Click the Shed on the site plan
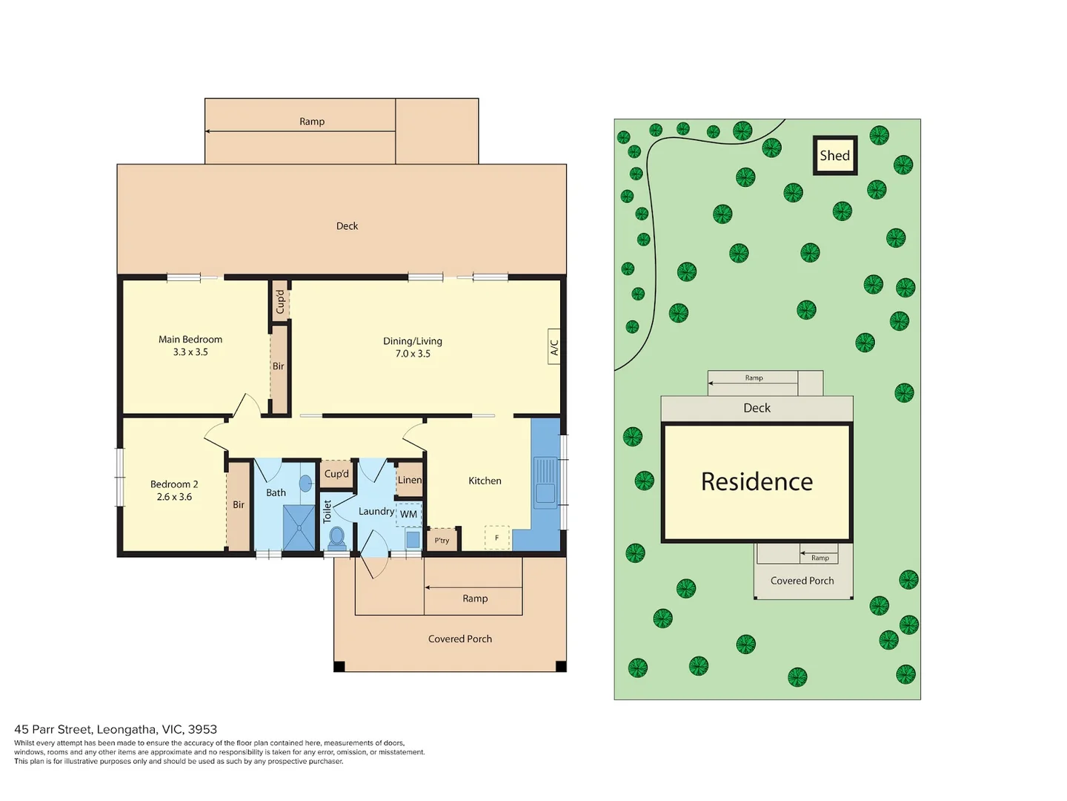834,155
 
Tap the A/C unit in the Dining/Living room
554,346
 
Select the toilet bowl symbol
337,538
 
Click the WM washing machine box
408,514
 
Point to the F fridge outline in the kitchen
496,538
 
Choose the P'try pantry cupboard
442,540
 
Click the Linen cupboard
409,480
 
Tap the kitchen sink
545,481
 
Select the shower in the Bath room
299,527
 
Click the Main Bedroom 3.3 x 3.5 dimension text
190,352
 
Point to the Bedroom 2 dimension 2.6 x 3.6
174,497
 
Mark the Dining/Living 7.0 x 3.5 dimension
413,354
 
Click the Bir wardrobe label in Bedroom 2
238,504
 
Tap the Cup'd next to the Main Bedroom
280,302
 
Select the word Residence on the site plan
757,481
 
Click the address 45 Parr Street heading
116,729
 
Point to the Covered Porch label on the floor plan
460,639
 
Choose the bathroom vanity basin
305,483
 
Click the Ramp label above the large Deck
312,121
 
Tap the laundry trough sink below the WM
413,539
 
